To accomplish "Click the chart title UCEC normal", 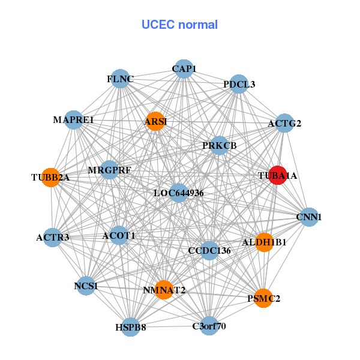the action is click(x=179, y=25).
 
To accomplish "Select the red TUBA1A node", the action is click(x=277, y=175).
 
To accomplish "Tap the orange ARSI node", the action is click(x=155, y=121).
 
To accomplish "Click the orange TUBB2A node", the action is click(x=51, y=178).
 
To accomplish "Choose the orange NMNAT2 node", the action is click(x=164, y=290).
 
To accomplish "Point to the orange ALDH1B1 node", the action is click(x=264, y=242).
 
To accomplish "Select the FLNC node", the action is click(x=121, y=79).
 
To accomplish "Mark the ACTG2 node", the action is click(x=284, y=124).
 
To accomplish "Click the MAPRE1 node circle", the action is click(x=74, y=120).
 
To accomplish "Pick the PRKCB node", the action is click(x=220, y=145).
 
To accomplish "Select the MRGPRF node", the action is click(x=109, y=170).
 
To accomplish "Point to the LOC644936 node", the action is click(x=178, y=193).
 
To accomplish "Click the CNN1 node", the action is click(x=308, y=217).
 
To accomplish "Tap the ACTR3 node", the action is click(x=53, y=237).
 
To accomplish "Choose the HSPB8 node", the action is click(x=131, y=327).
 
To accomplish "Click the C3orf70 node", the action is click(x=209, y=326).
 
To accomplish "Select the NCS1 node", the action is click(x=86, y=286).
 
